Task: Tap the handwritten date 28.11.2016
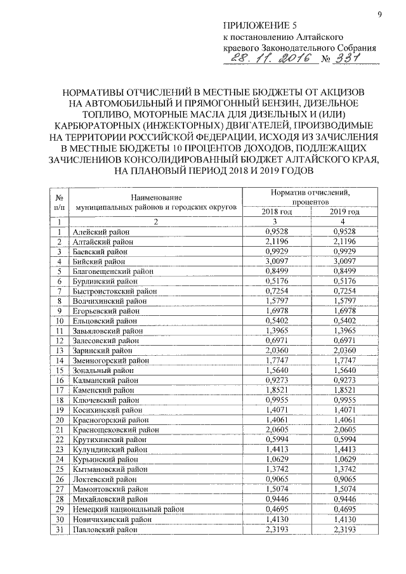click(268, 59)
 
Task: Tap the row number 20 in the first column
click(58, 420)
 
